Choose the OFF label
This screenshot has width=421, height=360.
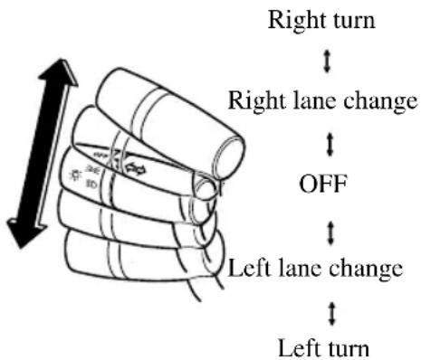[323, 184]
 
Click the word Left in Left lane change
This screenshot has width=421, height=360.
[249, 268]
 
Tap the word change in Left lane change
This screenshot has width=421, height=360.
[366, 269]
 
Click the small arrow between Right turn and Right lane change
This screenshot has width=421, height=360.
[326, 62]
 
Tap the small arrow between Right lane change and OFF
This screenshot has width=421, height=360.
[330, 145]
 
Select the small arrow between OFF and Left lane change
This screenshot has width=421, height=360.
[330, 233]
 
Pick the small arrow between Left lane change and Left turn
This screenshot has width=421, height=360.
[332, 314]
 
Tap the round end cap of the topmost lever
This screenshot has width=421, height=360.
[229, 156]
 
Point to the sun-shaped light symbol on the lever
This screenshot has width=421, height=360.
[74, 175]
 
